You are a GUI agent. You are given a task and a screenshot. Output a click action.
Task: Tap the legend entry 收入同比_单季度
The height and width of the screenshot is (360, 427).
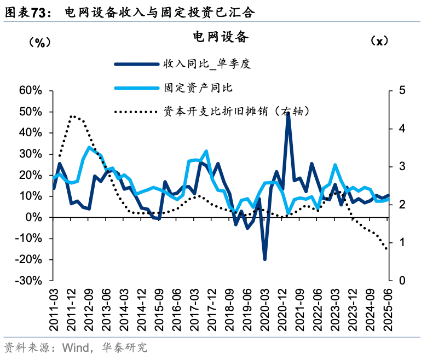(206, 64)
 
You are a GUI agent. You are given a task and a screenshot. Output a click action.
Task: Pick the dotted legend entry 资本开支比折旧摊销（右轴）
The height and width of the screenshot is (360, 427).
(235, 111)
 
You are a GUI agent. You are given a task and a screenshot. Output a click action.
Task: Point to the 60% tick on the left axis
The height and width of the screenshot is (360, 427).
(31, 90)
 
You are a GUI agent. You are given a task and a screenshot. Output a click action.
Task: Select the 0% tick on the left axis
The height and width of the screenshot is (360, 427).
(34, 217)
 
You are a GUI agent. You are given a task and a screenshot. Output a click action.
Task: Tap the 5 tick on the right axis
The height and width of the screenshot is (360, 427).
(402, 90)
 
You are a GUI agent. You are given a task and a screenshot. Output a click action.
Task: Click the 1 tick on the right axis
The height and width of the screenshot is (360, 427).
(402, 242)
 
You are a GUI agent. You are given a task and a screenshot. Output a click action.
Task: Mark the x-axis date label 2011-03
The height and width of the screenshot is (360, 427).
(55, 309)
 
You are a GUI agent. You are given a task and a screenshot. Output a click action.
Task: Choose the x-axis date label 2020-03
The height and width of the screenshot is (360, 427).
(265, 309)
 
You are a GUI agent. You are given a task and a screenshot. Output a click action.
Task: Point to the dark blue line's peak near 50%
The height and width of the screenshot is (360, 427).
(288, 113)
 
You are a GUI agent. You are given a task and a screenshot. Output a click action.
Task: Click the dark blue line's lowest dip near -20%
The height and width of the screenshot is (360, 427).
(265, 259)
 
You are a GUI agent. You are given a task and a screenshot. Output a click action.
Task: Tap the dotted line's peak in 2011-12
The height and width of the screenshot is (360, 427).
(72, 116)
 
